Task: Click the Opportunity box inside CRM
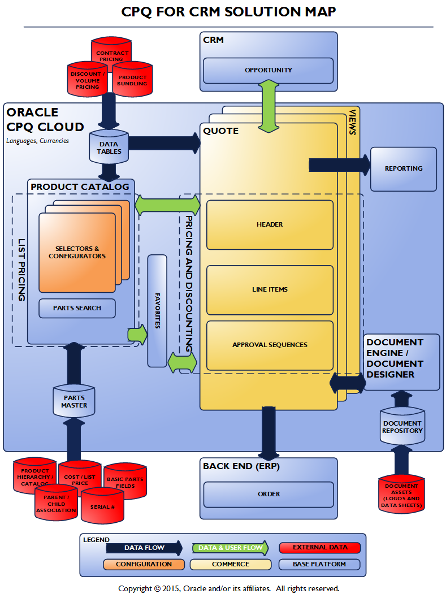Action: click(x=269, y=70)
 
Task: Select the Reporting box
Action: click(x=403, y=168)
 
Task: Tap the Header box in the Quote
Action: click(x=270, y=224)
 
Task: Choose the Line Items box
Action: click(x=270, y=289)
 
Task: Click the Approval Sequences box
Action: click(x=270, y=345)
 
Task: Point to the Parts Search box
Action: click(x=77, y=308)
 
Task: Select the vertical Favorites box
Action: click(x=157, y=310)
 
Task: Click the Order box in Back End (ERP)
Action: click(x=269, y=494)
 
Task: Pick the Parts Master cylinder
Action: click(x=74, y=401)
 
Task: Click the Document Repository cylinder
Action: click(x=402, y=427)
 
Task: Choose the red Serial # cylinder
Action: click(x=102, y=506)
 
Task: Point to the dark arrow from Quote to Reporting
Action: click(x=339, y=165)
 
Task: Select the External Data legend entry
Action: click(x=320, y=547)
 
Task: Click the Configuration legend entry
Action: click(x=144, y=564)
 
